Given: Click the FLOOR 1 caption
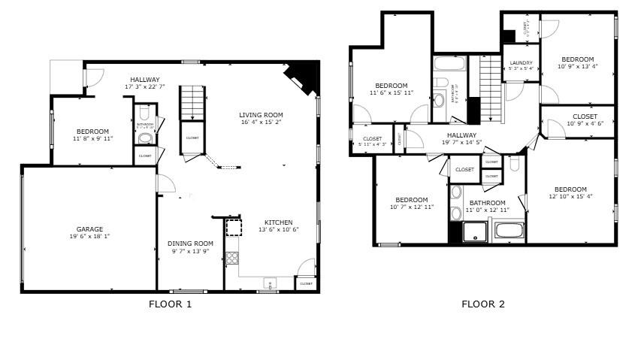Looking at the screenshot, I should (x=170, y=304).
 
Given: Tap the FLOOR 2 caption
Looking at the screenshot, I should (x=482, y=304).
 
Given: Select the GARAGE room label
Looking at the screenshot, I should (x=89, y=229).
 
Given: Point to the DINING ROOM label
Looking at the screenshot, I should (x=190, y=244).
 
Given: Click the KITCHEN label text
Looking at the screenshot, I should (x=278, y=222).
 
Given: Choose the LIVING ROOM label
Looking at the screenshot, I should (x=261, y=115).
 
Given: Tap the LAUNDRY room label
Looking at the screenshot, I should (x=521, y=62).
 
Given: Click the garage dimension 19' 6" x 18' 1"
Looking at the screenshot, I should (x=89, y=237).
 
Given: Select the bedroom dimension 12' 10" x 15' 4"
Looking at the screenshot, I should (x=570, y=197).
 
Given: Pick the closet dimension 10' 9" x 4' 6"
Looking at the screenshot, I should (x=585, y=124).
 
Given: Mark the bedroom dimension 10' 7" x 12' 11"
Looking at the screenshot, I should (x=412, y=207).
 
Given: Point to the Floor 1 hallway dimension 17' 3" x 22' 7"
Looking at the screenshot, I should (x=144, y=87).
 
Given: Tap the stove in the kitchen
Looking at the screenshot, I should (x=232, y=258).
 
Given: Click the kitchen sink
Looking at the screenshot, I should (x=269, y=283).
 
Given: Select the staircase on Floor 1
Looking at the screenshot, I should (x=192, y=102).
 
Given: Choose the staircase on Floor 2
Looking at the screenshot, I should (x=490, y=86).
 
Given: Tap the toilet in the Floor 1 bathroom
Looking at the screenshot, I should (x=145, y=139).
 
